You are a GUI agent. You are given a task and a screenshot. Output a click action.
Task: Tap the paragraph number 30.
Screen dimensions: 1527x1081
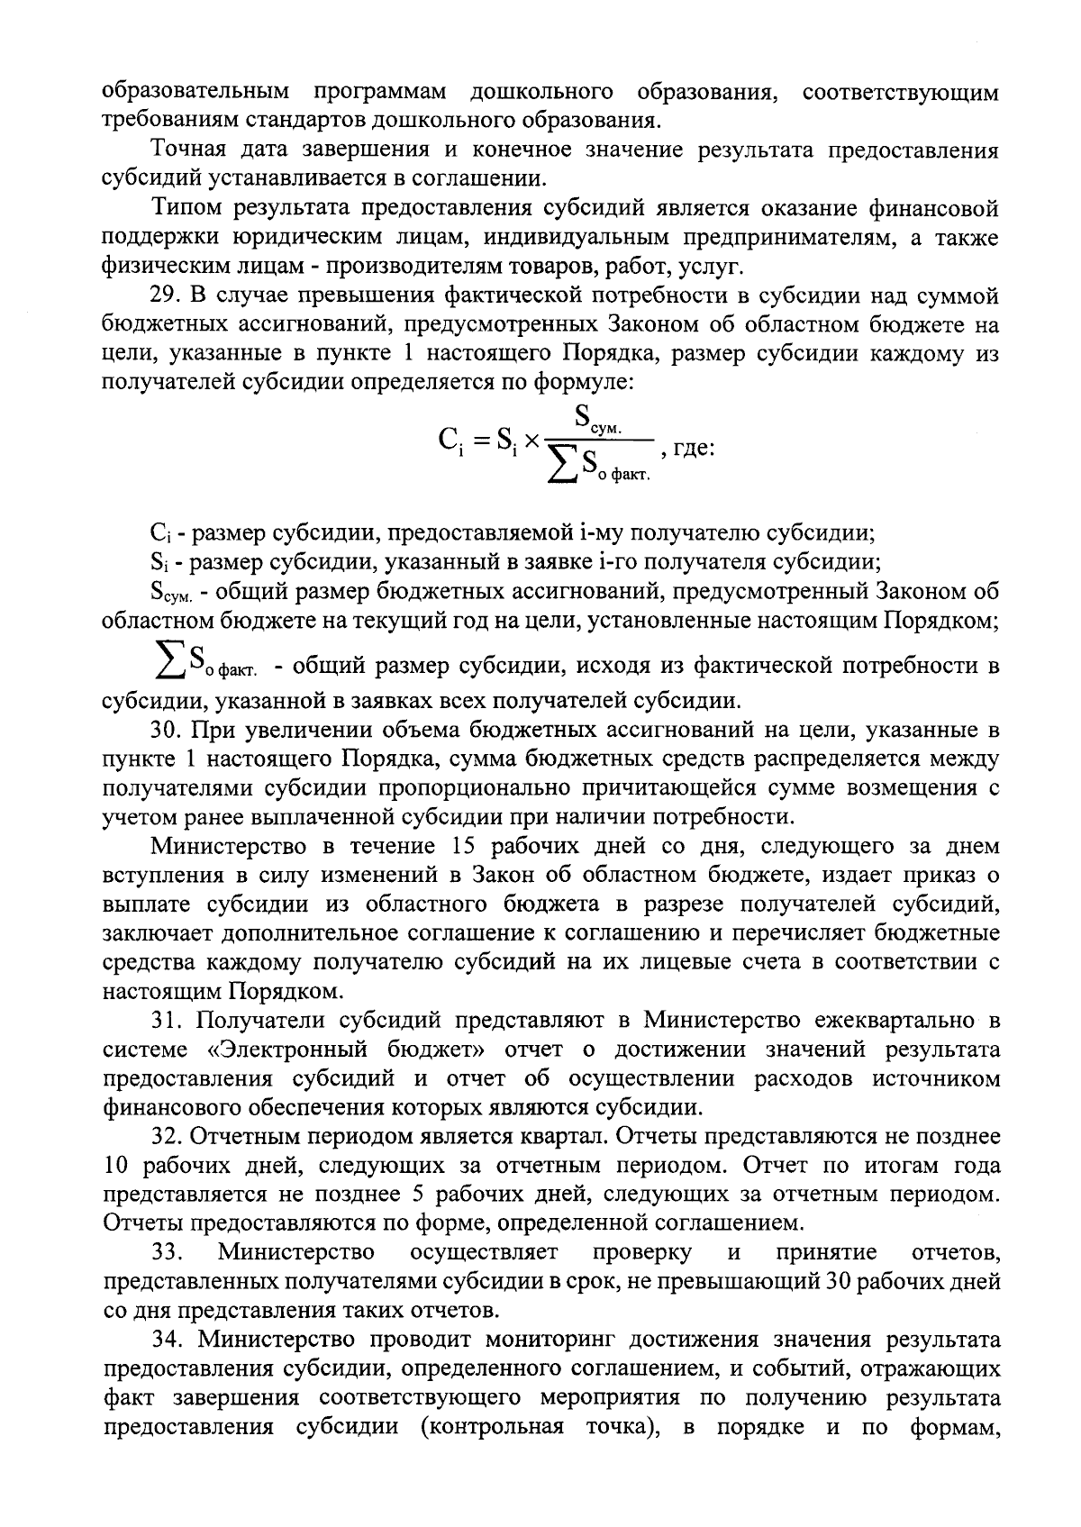(167, 731)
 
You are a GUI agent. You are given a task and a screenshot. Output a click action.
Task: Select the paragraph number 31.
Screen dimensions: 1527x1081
(167, 1021)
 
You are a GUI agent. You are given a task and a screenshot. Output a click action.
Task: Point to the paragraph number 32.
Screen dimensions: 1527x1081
(167, 1137)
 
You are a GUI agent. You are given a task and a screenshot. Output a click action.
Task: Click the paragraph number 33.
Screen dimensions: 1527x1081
(167, 1252)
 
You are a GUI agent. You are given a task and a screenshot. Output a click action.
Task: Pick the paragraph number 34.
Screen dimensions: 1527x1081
(167, 1341)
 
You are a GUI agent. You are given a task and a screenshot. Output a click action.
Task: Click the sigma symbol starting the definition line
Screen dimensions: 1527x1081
(168, 665)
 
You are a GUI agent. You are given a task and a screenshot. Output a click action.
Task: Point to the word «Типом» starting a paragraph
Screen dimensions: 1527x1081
(187, 209)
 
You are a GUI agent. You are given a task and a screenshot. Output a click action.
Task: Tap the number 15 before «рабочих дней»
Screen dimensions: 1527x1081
(452, 847)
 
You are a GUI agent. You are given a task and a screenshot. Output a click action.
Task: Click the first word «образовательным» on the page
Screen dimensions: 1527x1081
(195, 92)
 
